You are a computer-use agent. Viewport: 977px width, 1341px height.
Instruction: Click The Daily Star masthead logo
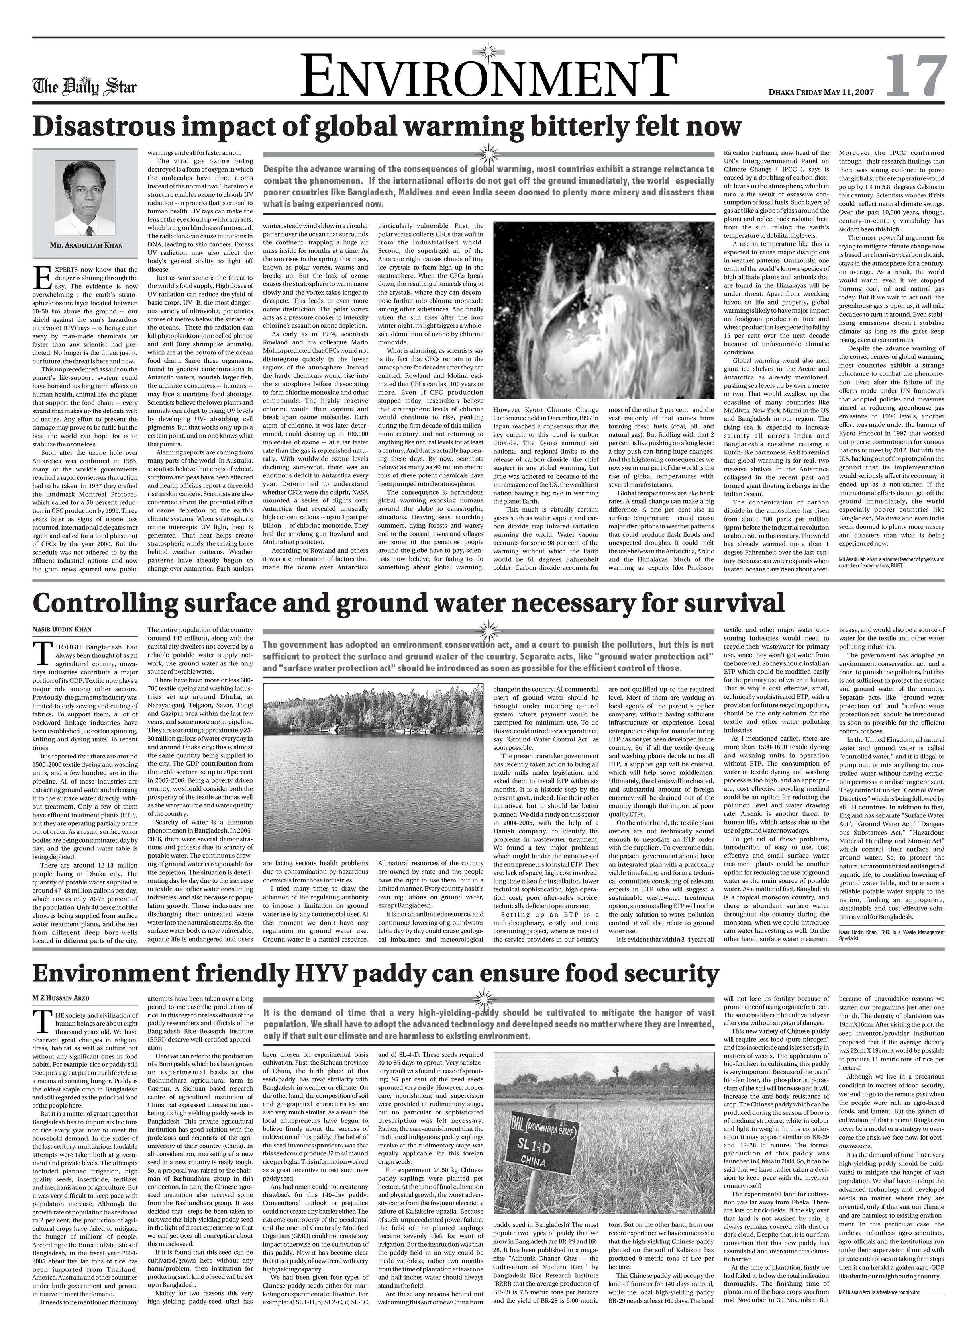point(84,87)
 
